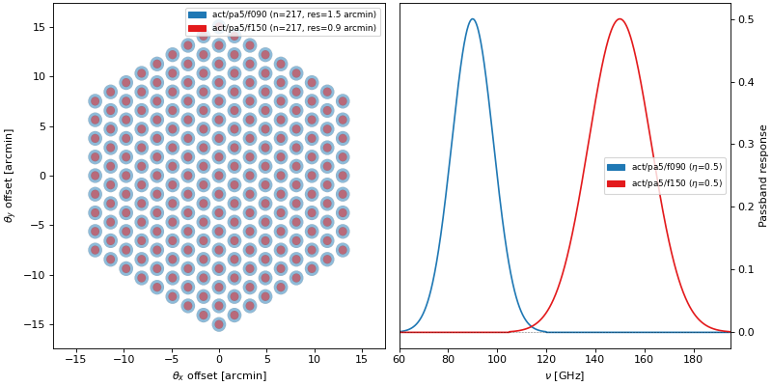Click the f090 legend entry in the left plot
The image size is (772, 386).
click(x=282, y=15)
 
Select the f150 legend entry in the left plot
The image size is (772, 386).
click(x=282, y=28)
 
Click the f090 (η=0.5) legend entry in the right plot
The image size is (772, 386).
click(x=665, y=167)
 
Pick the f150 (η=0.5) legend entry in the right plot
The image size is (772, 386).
click(x=665, y=183)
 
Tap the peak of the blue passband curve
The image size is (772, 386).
click(x=472, y=19)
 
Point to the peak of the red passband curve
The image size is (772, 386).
click(x=620, y=19)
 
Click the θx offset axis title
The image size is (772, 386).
click(x=219, y=375)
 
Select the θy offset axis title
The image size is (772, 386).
click(x=10, y=176)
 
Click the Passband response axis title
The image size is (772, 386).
click(x=763, y=176)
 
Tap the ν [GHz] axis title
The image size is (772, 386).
click(x=565, y=375)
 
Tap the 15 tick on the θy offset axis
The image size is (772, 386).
click(x=39, y=27)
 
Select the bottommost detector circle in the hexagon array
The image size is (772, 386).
click(x=219, y=324)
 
